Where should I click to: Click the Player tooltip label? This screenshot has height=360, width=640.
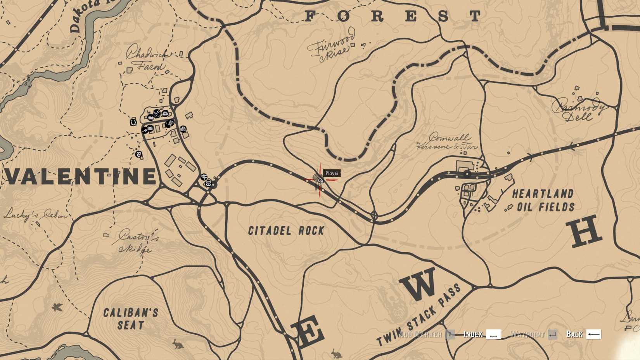coord(332,173)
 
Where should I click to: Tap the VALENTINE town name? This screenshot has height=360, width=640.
coord(80,177)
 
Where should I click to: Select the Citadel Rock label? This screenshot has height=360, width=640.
coord(286,231)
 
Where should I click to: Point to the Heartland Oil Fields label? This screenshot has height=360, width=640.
coord(543,200)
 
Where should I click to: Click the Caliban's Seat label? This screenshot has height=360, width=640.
coord(131,318)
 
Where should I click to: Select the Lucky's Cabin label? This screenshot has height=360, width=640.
coord(35,215)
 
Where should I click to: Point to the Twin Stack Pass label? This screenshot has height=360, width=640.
coord(419,314)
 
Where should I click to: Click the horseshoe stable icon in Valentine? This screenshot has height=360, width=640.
coord(133,122)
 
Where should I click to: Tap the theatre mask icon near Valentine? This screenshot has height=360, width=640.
coord(138,154)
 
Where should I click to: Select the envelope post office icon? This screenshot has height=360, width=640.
coord(208,183)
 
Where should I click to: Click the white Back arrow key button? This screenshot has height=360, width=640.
coord(593,334)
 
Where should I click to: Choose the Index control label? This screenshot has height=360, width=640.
coord(473,334)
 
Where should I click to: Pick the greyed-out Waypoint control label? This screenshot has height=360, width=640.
coord(527,334)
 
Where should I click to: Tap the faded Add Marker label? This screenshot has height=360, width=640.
coord(420,334)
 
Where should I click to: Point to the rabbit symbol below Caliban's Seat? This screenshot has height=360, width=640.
coord(178,343)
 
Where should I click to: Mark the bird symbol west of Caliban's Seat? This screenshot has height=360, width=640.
coord(57,308)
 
